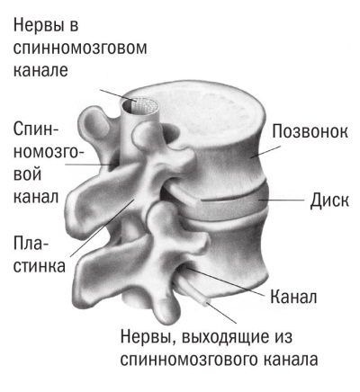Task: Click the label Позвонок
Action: coord(310,131)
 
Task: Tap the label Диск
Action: coord(329,200)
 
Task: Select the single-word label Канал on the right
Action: coord(293,297)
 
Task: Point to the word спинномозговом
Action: coord(80,48)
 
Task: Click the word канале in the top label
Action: coord(40,70)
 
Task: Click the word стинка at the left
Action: coord(40,266)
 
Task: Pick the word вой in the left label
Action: coord(27,174)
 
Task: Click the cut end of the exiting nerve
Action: coord(207,303)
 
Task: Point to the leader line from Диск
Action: coord(282,200)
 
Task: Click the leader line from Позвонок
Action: coord(265,152)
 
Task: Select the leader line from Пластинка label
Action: coord(102,227)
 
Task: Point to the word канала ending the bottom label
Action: coord(291,360)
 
